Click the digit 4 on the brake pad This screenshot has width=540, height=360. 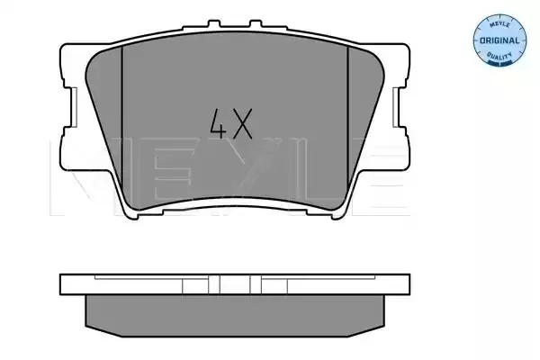pos(218,123)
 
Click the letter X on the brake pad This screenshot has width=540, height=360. pos(242,123)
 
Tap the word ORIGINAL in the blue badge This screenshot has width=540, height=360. pos(499,40)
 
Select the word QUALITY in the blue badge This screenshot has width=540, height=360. pos(499,56)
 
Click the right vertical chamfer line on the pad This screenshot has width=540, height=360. pos(347,117)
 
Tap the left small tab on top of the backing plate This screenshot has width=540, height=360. pos(214,24)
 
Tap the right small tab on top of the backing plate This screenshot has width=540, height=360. pos(256,24)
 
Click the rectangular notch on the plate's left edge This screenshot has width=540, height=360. pos(74,107)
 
